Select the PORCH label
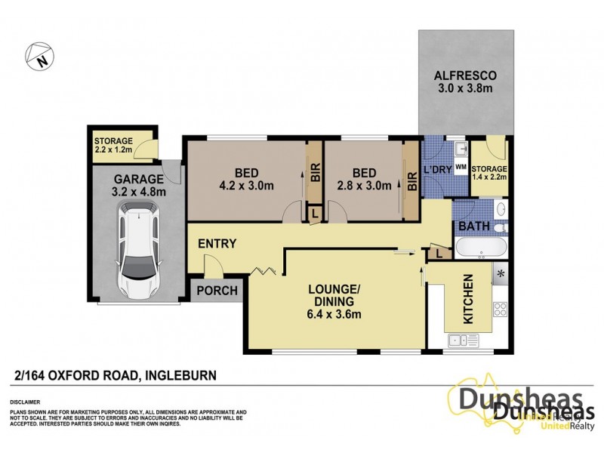pyautogui.click(x=217, y=291)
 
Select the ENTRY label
pyautogui.click(x=217, y=244)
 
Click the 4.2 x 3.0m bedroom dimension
pyautogui.click(x=245, y=185)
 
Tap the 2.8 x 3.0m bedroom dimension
pyautogui.click(x=365, y=185)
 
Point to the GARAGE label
pyautogui.click(x=139, y=179)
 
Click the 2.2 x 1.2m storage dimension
pyautogui.click(x=113, y=150)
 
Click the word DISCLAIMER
pyautogui.click(x=25, y=402)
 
